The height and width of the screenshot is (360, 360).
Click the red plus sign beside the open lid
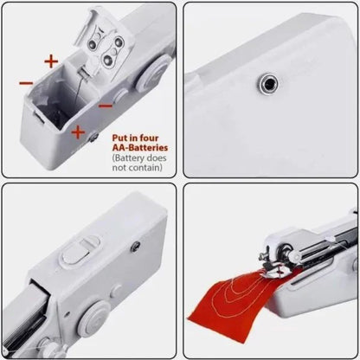(51, 61)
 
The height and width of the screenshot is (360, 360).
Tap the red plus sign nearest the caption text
(79, 132)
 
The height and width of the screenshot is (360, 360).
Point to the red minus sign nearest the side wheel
(105, 105)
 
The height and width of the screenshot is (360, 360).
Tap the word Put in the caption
(121, 137)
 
